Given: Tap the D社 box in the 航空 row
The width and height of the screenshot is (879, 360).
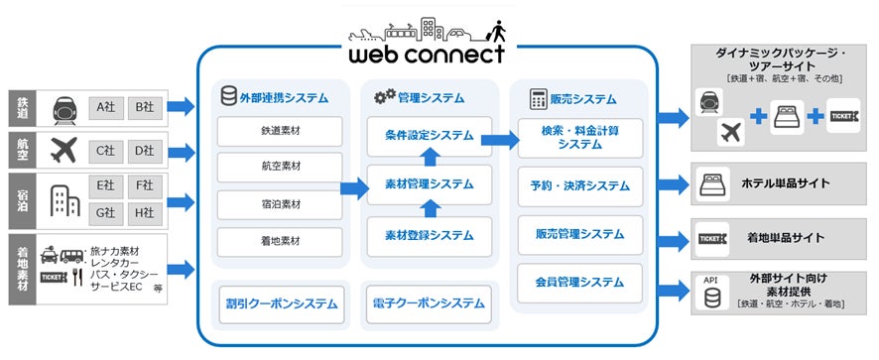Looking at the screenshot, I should click(144, 151).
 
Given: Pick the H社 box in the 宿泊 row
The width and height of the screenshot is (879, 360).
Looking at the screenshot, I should click(144, 212).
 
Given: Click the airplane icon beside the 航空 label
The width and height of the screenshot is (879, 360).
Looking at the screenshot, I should click(62, 151).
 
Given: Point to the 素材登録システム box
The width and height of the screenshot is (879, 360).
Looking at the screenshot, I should click(430, 235).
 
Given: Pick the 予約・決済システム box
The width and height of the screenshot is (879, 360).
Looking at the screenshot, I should click(579, 184).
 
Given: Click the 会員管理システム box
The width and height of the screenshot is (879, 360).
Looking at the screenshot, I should click(579, 284).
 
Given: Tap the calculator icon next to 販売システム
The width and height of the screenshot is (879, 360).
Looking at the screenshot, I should click(540, 99).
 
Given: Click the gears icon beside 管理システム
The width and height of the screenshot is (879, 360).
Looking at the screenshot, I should click(384, 99).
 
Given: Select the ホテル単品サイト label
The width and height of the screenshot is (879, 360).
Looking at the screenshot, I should click(785, 184).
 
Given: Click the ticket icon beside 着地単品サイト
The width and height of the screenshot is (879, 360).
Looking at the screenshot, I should click(715, 238).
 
